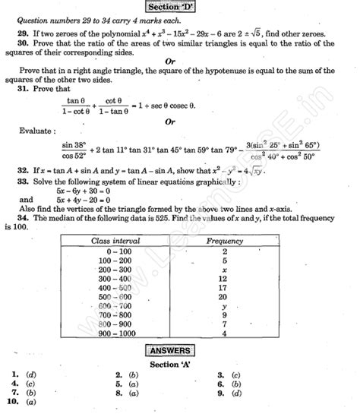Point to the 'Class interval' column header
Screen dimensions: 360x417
(x=112, y=240)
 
